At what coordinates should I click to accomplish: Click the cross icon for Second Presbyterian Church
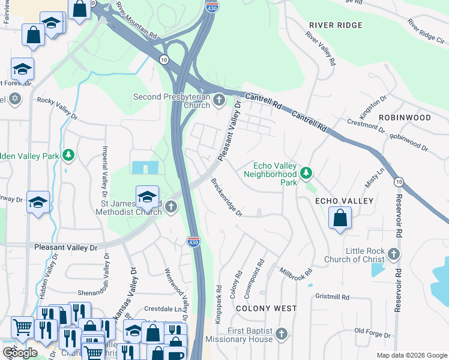click(x=219, y=100)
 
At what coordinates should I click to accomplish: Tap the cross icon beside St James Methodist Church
click(x=171, y=208)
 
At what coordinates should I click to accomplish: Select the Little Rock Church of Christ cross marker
click(x=394, y=254)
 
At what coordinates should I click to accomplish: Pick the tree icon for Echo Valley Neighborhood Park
click(x=307, y=173)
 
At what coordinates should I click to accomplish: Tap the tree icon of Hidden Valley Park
click(x=69, y=155)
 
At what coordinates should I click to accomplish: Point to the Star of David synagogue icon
click(x=15, y=98)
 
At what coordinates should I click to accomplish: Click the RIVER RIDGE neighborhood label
click(x=336, y=25)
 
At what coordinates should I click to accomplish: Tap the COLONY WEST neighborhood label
click(x=266, y=308)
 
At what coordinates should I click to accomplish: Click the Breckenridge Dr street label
click(x=226, y=197)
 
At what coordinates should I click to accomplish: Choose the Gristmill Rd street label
click(x=332, y=297)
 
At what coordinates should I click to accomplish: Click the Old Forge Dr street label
click(x=373, y=330)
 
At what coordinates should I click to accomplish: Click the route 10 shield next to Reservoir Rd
click(x=398, y=181)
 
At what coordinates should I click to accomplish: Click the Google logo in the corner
click(x=20, y=353)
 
